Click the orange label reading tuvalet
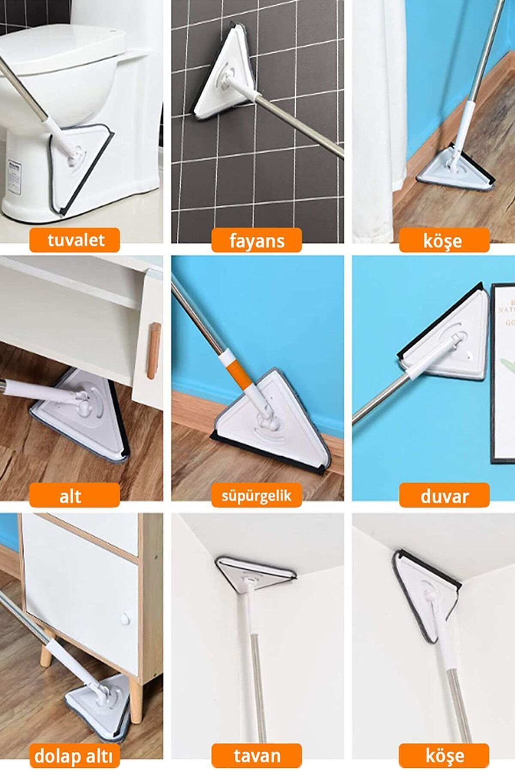[x=74, y=240]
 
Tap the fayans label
[x=257, y=241]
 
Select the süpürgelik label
[x=257, y=496]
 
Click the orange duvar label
[x=444, y=495]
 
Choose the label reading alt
[x=74, y=495]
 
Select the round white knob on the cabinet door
[x=125, y=619]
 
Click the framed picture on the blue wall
[x=503, y=373]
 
